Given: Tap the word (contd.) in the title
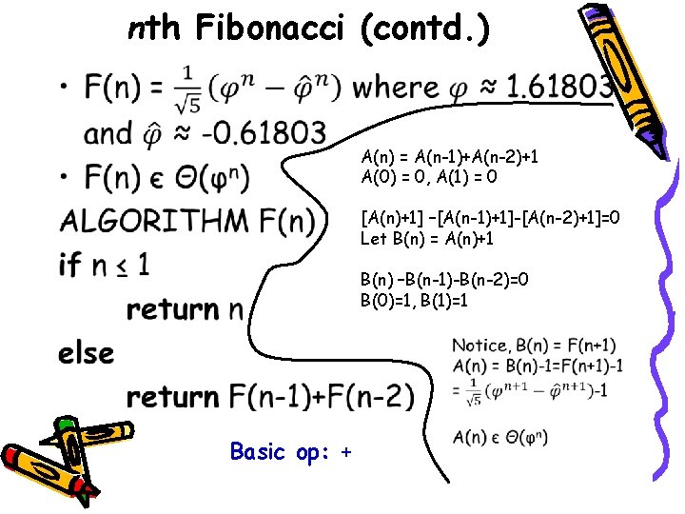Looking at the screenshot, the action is [425, 30].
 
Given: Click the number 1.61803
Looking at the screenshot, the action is [559, 89].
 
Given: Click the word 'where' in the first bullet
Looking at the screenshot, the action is [396, 89].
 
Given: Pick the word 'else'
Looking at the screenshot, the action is [86, 353].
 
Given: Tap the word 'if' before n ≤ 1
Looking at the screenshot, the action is [69, 265].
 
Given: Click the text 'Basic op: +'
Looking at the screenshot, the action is [291, 452].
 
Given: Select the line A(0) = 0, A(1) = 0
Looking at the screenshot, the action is [429, 176].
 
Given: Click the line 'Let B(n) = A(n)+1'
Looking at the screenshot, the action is [427, 238].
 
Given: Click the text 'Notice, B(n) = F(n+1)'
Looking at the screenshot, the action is [520, 345].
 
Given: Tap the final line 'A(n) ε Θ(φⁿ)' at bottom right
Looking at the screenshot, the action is [500, 437].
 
